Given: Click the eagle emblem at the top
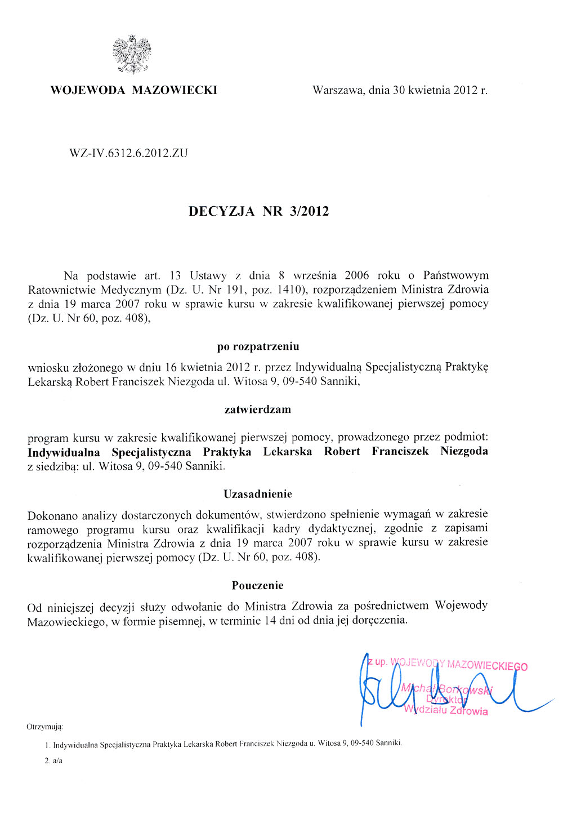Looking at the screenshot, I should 132,54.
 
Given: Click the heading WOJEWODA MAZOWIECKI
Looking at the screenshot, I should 133,90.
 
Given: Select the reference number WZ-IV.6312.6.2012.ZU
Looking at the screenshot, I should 128,153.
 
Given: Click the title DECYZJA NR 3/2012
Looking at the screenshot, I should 258,212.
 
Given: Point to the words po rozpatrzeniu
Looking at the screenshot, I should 258,346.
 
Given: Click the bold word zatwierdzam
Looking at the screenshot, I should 258,409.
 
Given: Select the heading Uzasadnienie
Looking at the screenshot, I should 258,494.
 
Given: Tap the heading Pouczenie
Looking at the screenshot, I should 258,585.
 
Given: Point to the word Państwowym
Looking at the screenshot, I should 456,275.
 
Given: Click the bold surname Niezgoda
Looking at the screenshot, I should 464,451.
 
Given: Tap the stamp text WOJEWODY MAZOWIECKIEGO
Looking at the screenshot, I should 459,665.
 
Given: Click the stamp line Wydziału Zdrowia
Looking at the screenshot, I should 446,710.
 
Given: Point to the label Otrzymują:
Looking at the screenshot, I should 44,727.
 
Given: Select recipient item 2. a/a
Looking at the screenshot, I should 53,761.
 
